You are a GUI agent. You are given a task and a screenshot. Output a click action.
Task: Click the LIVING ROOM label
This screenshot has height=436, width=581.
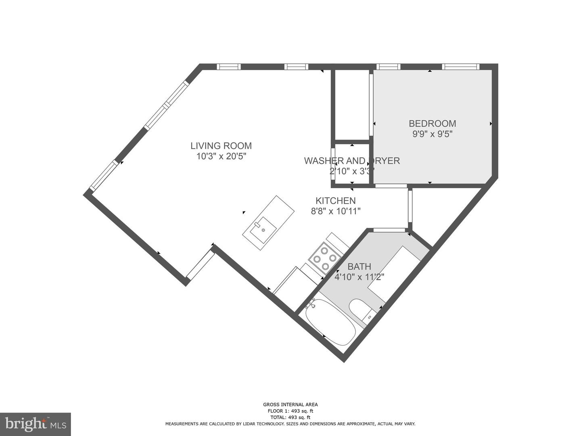pyautogui.click(x=221, y=146)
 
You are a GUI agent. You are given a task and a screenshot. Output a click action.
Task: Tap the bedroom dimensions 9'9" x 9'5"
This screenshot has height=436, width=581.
pyautogui.click(x=432, y=134)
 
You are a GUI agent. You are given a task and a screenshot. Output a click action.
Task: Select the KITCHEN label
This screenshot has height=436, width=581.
pyautogui.click(x=335, y=201)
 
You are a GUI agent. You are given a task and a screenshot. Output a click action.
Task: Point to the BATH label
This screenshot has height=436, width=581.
pyautogui.click(x=359, y=266)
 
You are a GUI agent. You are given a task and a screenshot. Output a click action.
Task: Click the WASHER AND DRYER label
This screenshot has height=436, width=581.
pyautogui.click(x=351, y=161)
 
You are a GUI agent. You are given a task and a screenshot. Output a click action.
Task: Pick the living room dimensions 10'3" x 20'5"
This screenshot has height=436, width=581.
pyautogui.click(x=221, y=156)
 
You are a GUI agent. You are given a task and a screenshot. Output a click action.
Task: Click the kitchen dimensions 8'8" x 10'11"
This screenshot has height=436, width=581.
pyautogui.click(x=335, y=211)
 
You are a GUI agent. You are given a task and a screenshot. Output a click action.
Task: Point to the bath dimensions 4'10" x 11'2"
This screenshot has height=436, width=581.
pyautogui.click(x=359, y=277)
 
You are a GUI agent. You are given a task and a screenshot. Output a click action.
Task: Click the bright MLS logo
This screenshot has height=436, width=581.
pyautogui.click(x=35, y=424)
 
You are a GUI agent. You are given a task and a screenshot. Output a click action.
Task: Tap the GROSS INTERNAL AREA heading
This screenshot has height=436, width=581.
pyautogui.click(x=290, y=405)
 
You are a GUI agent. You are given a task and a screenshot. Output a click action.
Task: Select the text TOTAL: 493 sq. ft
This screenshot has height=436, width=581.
pyautogui.click(x=290, y=417)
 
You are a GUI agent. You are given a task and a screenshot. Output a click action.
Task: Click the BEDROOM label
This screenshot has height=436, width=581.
pyautogui.click(x=432, y=124)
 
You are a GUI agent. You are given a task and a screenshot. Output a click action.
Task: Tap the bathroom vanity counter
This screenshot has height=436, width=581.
pyautogui.click(x=397, y=275)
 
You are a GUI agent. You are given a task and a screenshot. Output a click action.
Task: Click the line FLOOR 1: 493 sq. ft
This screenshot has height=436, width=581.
pyautogui.click(x=290, y=411)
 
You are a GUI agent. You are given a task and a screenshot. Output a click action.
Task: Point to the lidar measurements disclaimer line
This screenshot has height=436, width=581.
pyautogui.click(x=290, y=424)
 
